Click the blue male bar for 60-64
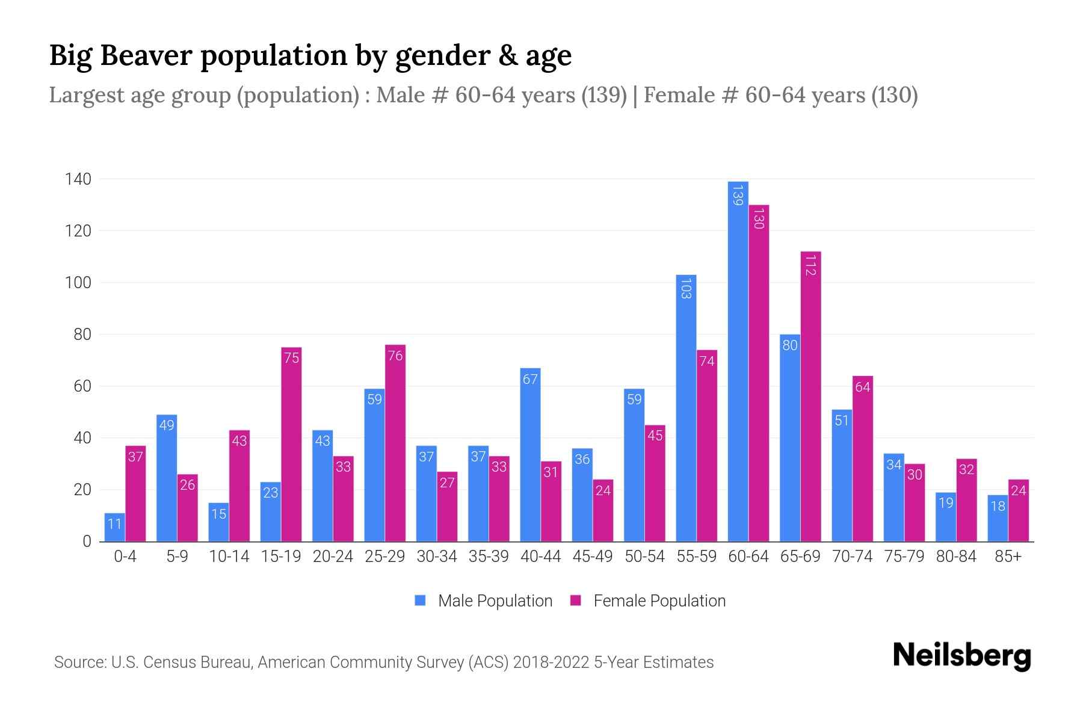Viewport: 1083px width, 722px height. (x=738, y=361)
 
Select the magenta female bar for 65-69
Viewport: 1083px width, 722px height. (x=810, y=397)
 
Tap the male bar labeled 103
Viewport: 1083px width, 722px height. (x=686, y=409)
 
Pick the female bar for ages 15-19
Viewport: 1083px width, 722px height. (x=291, y=445)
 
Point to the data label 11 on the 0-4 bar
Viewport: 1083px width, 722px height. (x=114, y=524)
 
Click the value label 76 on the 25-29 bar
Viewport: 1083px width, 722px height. (x=395, y=356)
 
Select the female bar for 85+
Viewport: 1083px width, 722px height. (x=1018, y=511)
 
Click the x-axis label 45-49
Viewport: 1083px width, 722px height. (x=592, y=557)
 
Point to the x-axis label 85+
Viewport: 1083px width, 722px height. (x=1008, y=557)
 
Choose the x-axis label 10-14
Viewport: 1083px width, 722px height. (x=229, y=557)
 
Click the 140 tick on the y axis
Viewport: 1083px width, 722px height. (x=78, y=179)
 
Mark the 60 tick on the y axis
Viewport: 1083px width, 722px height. (x=82, y=386)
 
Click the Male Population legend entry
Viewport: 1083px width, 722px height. (x=495, y=601)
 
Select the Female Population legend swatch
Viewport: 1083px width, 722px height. (x=576, y=600)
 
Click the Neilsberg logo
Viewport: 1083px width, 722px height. (x=961, y=656)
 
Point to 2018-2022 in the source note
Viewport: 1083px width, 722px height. (x=551, y=662)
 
